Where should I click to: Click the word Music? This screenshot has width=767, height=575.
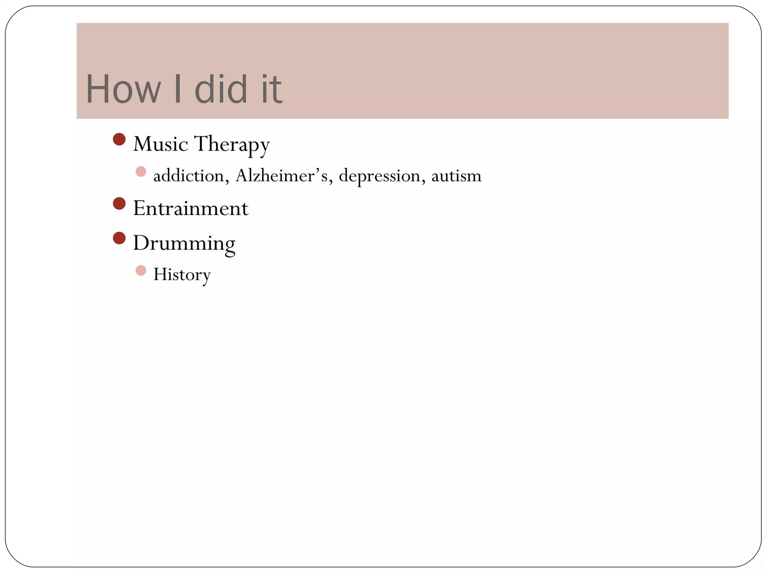[160, 144]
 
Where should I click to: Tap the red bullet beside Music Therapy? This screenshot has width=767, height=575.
[119, 140]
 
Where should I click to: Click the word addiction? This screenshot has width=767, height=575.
[188, 176]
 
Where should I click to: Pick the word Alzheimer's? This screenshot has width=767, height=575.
[281, 176]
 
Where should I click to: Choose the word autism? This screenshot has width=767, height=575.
[456, 176]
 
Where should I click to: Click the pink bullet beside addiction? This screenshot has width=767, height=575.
[141, 172]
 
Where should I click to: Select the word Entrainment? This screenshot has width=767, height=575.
[191, 209]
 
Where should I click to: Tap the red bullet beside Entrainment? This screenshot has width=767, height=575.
[119, 204]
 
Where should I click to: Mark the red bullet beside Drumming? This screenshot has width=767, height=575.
[119, 238]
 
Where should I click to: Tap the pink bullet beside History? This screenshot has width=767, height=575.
[141, 270]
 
